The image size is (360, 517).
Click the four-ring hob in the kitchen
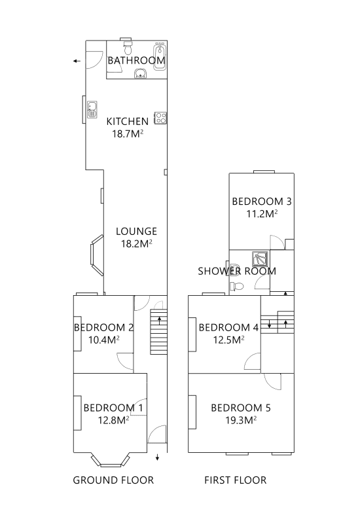160,118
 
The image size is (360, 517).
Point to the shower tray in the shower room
260,259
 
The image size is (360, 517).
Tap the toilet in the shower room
238,285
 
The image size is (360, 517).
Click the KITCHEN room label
127,121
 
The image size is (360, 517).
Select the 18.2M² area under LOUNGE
136,243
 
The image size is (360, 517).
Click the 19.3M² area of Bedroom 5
240,421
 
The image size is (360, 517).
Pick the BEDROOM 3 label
261,201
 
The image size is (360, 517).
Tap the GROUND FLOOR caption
113,480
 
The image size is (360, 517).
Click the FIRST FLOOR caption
236,480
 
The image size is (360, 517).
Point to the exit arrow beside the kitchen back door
77,62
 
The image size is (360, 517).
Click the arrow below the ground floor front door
158,457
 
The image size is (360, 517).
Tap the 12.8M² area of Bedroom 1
113,421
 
